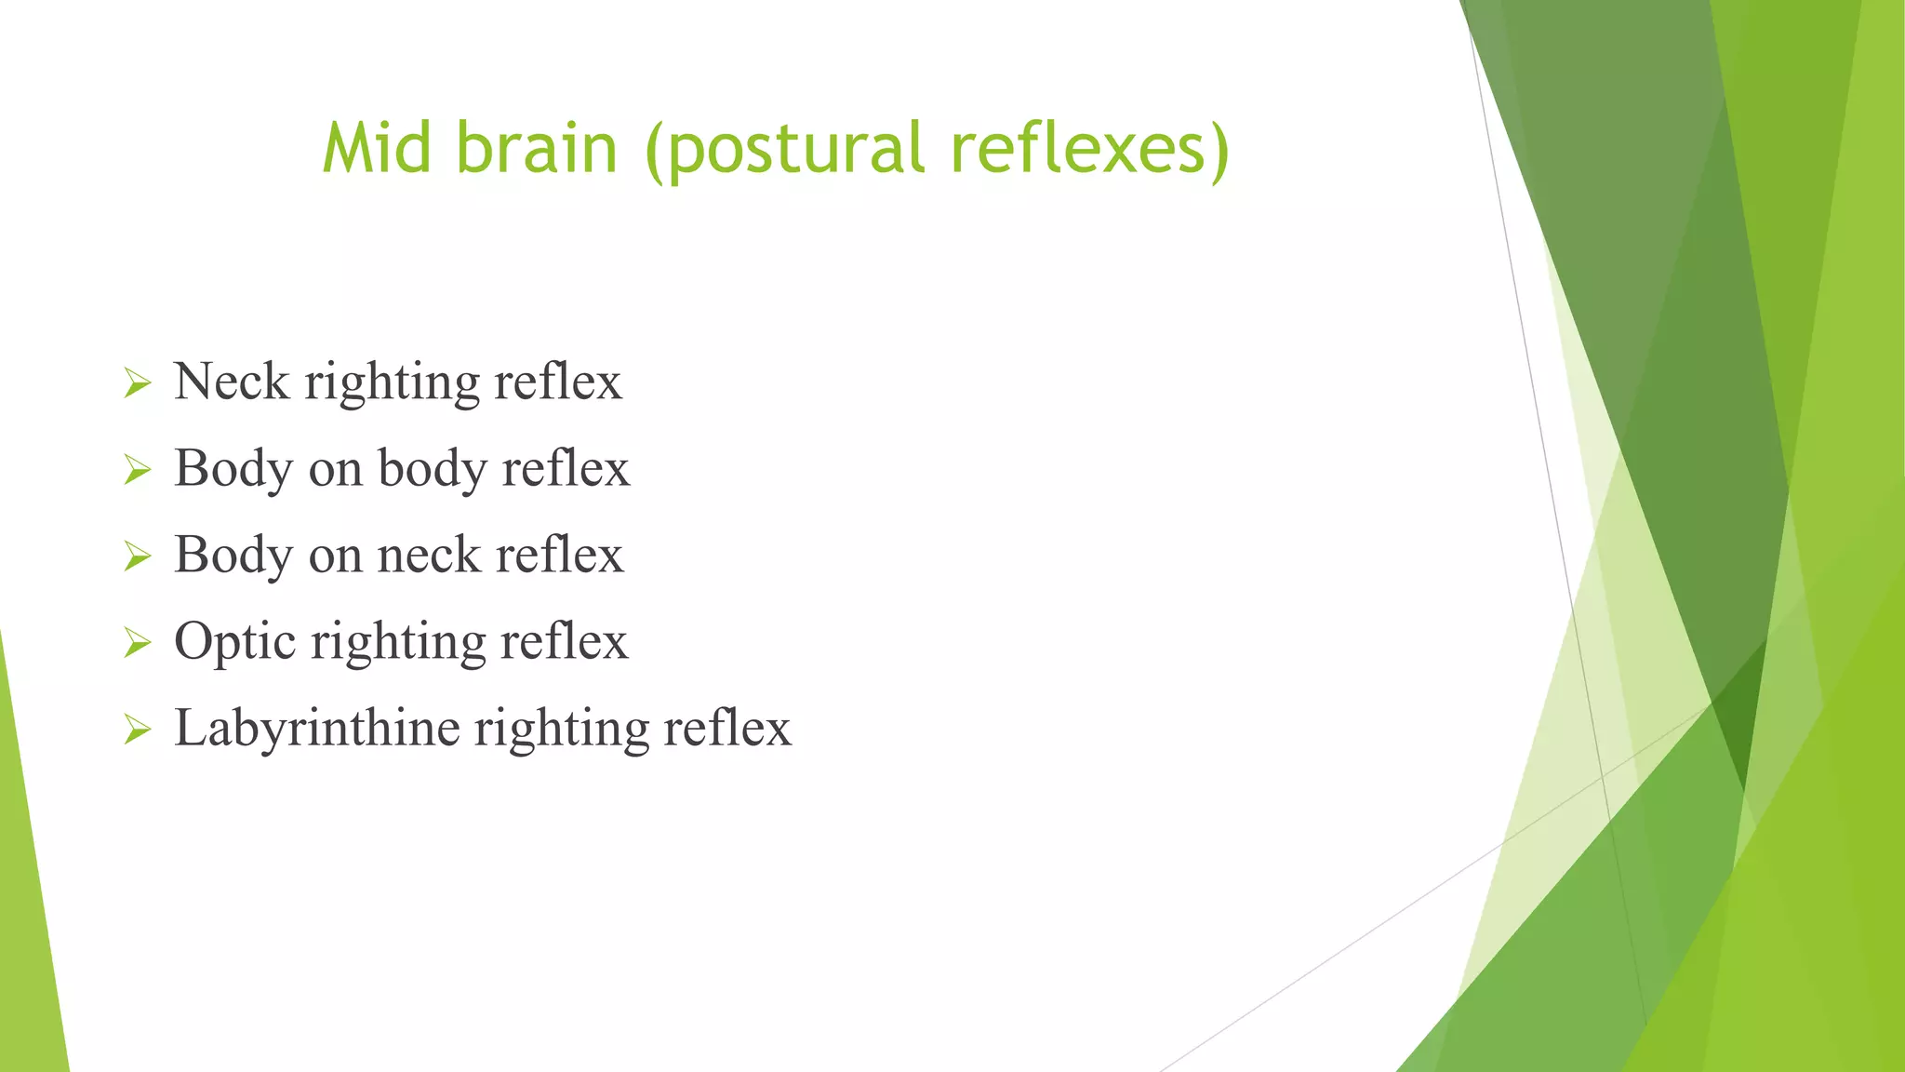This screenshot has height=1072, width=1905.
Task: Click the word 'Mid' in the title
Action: tap(377, 149)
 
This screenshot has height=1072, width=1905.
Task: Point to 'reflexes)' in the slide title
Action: tap(1089, 151)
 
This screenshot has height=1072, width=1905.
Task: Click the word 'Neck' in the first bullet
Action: tap(232, 382)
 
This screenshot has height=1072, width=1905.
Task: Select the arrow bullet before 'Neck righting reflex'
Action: tap(137, 383)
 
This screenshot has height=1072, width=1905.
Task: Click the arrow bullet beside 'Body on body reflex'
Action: tap(137, 470)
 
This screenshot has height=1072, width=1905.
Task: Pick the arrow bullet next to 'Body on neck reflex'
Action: tap(137, 556)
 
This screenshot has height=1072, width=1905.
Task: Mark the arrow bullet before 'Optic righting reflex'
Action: tap(137, 643)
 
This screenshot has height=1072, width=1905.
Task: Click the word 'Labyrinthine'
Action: tap(316, 728)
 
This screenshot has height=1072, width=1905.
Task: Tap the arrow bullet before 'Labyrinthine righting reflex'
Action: tap(137, 730)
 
